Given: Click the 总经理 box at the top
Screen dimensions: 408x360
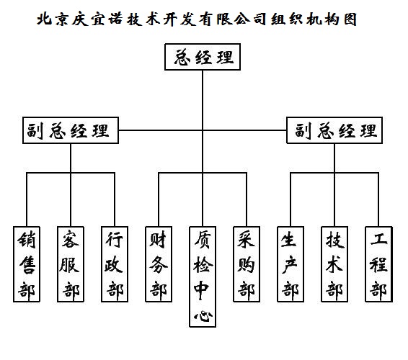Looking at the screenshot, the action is click(x=203, y=57).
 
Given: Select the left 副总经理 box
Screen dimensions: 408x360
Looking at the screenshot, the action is click(x=71, y=130).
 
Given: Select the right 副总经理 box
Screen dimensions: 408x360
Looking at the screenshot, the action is click(x=334, y=130).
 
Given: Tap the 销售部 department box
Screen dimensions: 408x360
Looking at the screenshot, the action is click(x=27, y=264).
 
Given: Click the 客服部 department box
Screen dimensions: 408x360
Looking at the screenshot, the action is click(x=71, y=264).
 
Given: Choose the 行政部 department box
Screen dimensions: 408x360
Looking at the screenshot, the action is click(x=115, y=264).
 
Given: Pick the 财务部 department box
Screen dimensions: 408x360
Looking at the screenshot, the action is click(x=159, y=264).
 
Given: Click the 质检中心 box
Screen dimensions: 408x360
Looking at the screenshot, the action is click(x=203, y=276).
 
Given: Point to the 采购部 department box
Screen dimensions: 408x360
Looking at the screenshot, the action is click(x=247, y=264).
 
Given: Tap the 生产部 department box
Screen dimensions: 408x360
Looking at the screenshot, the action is click(x=291, y=264).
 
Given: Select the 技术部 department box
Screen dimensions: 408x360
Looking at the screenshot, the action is click(x=334, y=264).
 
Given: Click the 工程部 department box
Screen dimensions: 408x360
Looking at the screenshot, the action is click(x=378, y=264).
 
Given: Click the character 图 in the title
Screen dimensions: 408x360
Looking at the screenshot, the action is click(x=350, y=19).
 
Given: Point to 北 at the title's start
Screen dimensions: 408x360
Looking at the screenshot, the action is click(x=44, y=19).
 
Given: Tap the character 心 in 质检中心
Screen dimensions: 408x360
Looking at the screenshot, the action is click(x=203, y=316).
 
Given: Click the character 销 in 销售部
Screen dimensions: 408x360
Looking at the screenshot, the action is click(x=27, y=239).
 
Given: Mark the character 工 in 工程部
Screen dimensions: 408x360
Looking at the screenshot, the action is click(x=378, y=239).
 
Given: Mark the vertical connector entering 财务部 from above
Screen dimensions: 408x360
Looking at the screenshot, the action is click(x=159, y=199).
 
